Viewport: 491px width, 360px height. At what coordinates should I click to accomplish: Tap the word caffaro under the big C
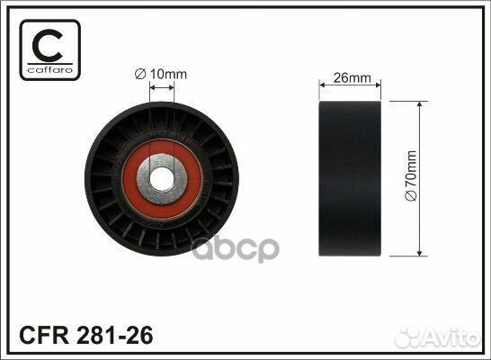click(x=50, y=70)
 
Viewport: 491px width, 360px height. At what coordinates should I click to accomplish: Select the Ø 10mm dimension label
click(x=161, y=75)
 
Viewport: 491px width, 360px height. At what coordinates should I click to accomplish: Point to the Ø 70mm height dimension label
click(x=412, y=175)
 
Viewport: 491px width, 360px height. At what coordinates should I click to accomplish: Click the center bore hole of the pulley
click(x=162, y=179)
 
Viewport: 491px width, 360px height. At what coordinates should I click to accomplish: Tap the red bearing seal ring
click(x=129, y=179)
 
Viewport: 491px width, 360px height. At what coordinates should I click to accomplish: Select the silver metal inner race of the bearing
click(x=142, y=179)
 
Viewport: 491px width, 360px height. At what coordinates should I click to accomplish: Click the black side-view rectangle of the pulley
click(x=350, y=178)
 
